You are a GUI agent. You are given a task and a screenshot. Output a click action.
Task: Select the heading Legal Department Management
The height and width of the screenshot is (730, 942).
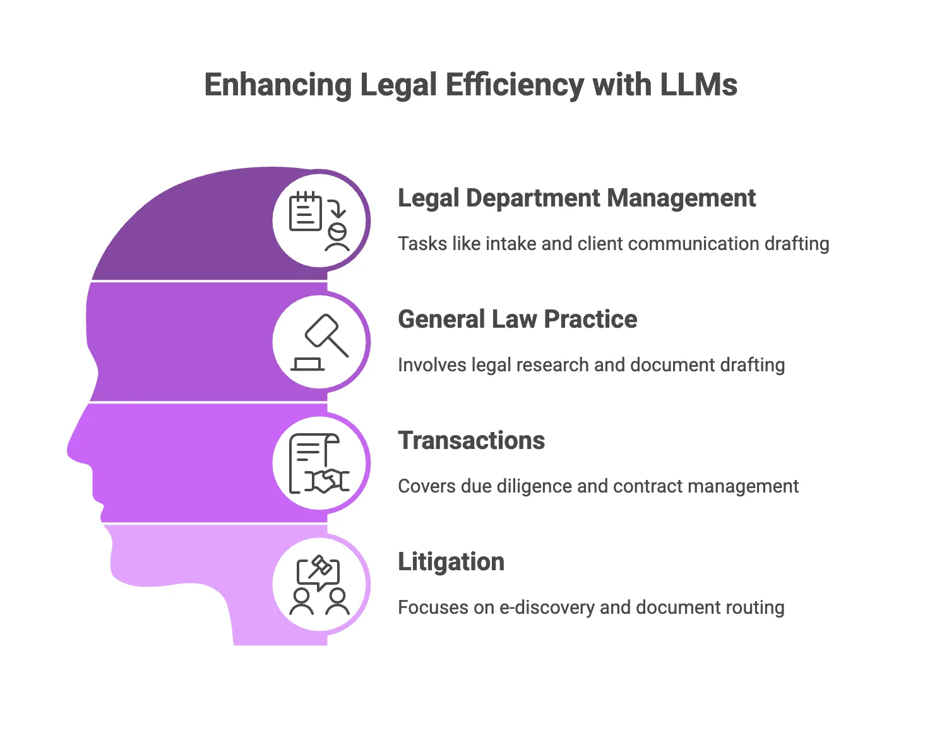(x=576, y=199)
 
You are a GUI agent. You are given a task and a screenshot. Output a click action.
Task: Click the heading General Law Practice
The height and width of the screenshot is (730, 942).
(x=517, y=320)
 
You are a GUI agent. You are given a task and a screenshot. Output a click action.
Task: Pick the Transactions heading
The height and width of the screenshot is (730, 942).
(x=471, y=441)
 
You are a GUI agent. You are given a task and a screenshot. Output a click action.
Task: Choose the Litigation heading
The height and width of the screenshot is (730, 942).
(x=451, y=563)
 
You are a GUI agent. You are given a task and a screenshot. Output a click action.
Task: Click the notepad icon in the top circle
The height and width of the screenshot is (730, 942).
(x=306, y=211)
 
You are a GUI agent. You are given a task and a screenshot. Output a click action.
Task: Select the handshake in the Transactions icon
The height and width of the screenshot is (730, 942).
(x=327, y=481)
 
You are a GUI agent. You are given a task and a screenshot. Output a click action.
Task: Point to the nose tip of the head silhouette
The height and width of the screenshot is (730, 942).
(x=68, y=451)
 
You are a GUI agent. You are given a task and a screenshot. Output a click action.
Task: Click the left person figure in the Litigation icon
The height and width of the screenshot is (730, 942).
(x=301, y=602)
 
